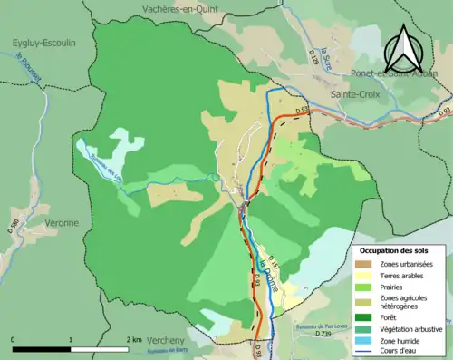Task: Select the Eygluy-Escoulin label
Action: [x=43, y=43]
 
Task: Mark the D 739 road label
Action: [x=323, y=335]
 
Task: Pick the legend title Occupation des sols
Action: [x=400, y=249]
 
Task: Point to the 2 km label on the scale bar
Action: [x=134, y=340]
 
